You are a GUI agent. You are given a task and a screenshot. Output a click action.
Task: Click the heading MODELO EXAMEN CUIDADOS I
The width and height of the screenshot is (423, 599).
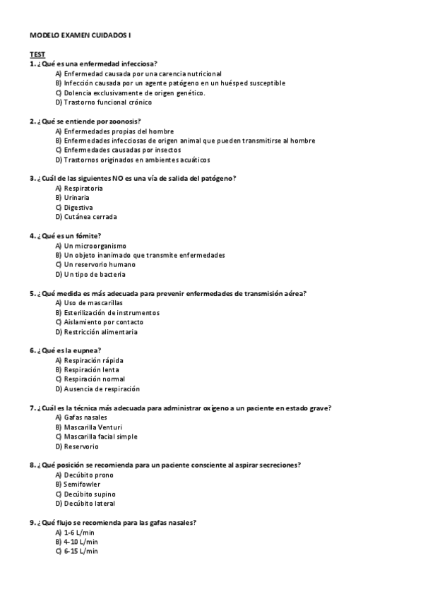click(x=80, y=35)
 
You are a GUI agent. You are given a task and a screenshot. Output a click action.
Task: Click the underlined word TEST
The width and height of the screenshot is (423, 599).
click(x=37, y=54)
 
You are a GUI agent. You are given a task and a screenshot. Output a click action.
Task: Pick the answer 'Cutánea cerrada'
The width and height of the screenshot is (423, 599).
click(x=90, y=217)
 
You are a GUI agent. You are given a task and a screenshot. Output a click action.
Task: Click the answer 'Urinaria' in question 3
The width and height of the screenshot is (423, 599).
click(x=76, y=198)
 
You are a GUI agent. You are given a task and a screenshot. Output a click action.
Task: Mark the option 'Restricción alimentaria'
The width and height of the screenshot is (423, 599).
click(x=100, y=331)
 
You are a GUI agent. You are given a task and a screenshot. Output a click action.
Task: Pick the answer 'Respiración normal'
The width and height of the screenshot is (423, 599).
click(x=94, y=379)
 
